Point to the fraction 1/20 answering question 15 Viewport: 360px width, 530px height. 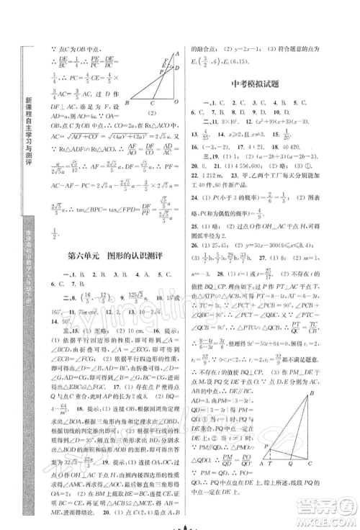(x=285, y=135)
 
